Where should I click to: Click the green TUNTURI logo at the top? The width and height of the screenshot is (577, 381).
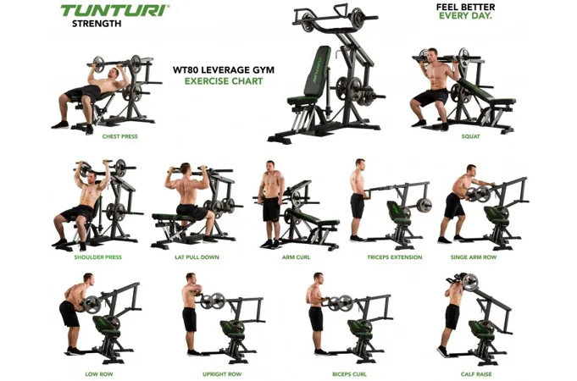point(114,10)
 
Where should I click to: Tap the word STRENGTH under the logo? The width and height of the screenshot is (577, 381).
point(97,24)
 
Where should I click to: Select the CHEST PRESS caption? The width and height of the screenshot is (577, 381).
point(120,136)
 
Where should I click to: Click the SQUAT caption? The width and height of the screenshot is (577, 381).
point(470,136)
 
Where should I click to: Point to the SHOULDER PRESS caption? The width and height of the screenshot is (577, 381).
point(98,257)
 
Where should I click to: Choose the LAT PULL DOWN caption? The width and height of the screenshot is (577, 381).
point(197,257)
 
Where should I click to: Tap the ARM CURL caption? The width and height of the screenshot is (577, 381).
point(296,257)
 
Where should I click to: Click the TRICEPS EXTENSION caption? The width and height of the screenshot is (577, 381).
point(395,257)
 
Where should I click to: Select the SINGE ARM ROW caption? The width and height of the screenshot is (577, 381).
point(474,257)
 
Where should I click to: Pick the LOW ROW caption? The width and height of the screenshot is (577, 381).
point(99,374)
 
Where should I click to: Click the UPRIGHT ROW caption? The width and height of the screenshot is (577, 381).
point(222,374)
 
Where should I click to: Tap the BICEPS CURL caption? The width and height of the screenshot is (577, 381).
point(349,374)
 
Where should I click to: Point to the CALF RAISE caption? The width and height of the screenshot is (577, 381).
point(476,374)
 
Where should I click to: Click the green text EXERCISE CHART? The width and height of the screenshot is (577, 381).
point(224,81)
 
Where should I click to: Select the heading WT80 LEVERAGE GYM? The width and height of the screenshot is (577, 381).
point(224,69)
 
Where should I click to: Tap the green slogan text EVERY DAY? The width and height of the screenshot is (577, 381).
point(465,16)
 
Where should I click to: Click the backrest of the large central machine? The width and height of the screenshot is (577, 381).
point(317,72)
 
